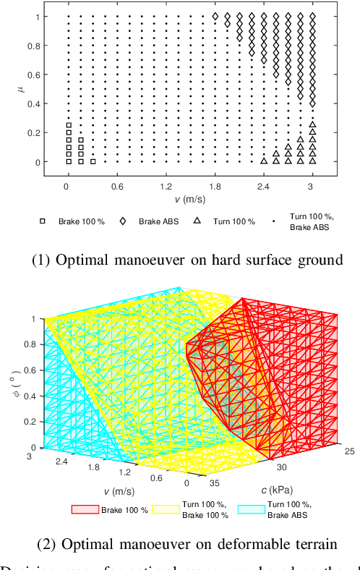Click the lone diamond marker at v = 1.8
pyautogui.click(x=215, y=15)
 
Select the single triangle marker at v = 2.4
pyautogui.click(x=264, y=161)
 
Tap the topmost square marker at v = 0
pyautogui.click(x=68, y=125)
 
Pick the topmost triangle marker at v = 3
pyautogui.click(x=312, y=125)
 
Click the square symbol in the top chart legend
pyautogui.click(x=43, y=221)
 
